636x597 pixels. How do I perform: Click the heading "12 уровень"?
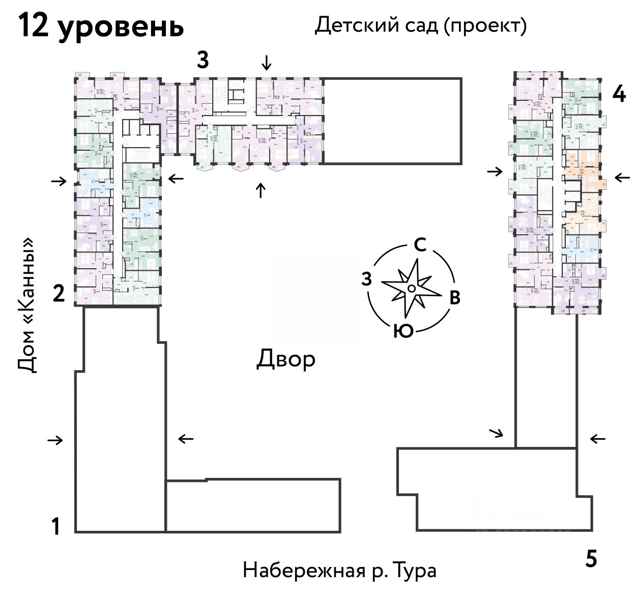pos(101,26)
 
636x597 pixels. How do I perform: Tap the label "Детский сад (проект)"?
pos(420,25)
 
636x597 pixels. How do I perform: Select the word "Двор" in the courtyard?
pos(285,359)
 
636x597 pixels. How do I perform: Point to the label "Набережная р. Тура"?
pos(339,570)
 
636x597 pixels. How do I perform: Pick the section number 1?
pos(56,526)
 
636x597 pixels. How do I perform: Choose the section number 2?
pos(59,294)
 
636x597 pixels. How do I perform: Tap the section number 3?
pos(203,60)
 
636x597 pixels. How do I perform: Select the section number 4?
pos(619,94)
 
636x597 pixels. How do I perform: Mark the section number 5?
pos(590,559)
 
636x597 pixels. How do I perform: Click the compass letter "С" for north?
pos(420,245)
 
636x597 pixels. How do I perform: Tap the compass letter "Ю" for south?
pos(402,331)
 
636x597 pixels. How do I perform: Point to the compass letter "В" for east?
pos(454,298)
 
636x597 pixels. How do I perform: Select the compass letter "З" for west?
pos(366,279)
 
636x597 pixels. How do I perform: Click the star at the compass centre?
pos(411,289)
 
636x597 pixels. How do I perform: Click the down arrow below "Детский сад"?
pos(266,63)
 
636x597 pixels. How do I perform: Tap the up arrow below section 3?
pos(261,190)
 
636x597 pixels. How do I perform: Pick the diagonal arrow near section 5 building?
pos(496,433)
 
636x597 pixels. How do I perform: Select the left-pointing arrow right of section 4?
pos(622,178)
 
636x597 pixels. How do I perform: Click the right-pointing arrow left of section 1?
pos(55,440)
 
